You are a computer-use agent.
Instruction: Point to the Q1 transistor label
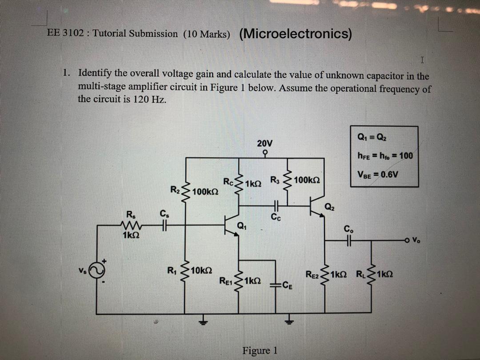tap(243, 224)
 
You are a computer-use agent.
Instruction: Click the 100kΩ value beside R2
tap(206, 191)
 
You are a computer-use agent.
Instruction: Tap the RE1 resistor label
tap(226, 281)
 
